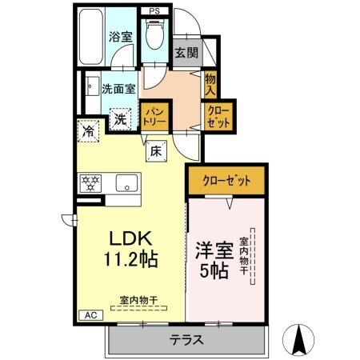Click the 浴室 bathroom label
coord(121,36)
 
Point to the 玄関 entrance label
coord(186,54)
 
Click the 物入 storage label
coord(210,82)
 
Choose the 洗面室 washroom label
coord(118,89)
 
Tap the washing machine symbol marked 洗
coord(119,120)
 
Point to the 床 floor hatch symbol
coord(155,150)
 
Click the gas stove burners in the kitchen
coord(88,183)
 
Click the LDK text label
coord(126,238)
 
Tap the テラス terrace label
coord(185,339)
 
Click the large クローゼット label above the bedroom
coord(227,181)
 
